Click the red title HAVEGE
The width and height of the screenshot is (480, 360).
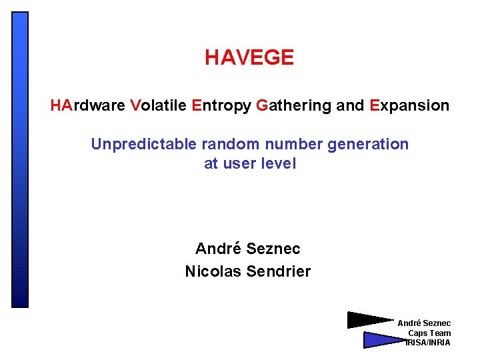(x=249, y=58)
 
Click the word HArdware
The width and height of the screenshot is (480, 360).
(x=88, y=105)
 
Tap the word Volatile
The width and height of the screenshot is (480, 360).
(x=159, y=105)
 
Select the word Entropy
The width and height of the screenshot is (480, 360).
(x=221, y=105)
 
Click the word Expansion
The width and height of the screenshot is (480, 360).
(x=409, y=105)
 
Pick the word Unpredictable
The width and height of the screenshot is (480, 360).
(x=139, y=144)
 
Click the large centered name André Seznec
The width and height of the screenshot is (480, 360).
(x=248, y=249)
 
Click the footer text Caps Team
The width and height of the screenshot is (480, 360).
(x=429, y=333)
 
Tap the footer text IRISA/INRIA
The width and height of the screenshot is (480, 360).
(x=429, y=343)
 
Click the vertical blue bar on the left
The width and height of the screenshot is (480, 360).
(x=21, y=159)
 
